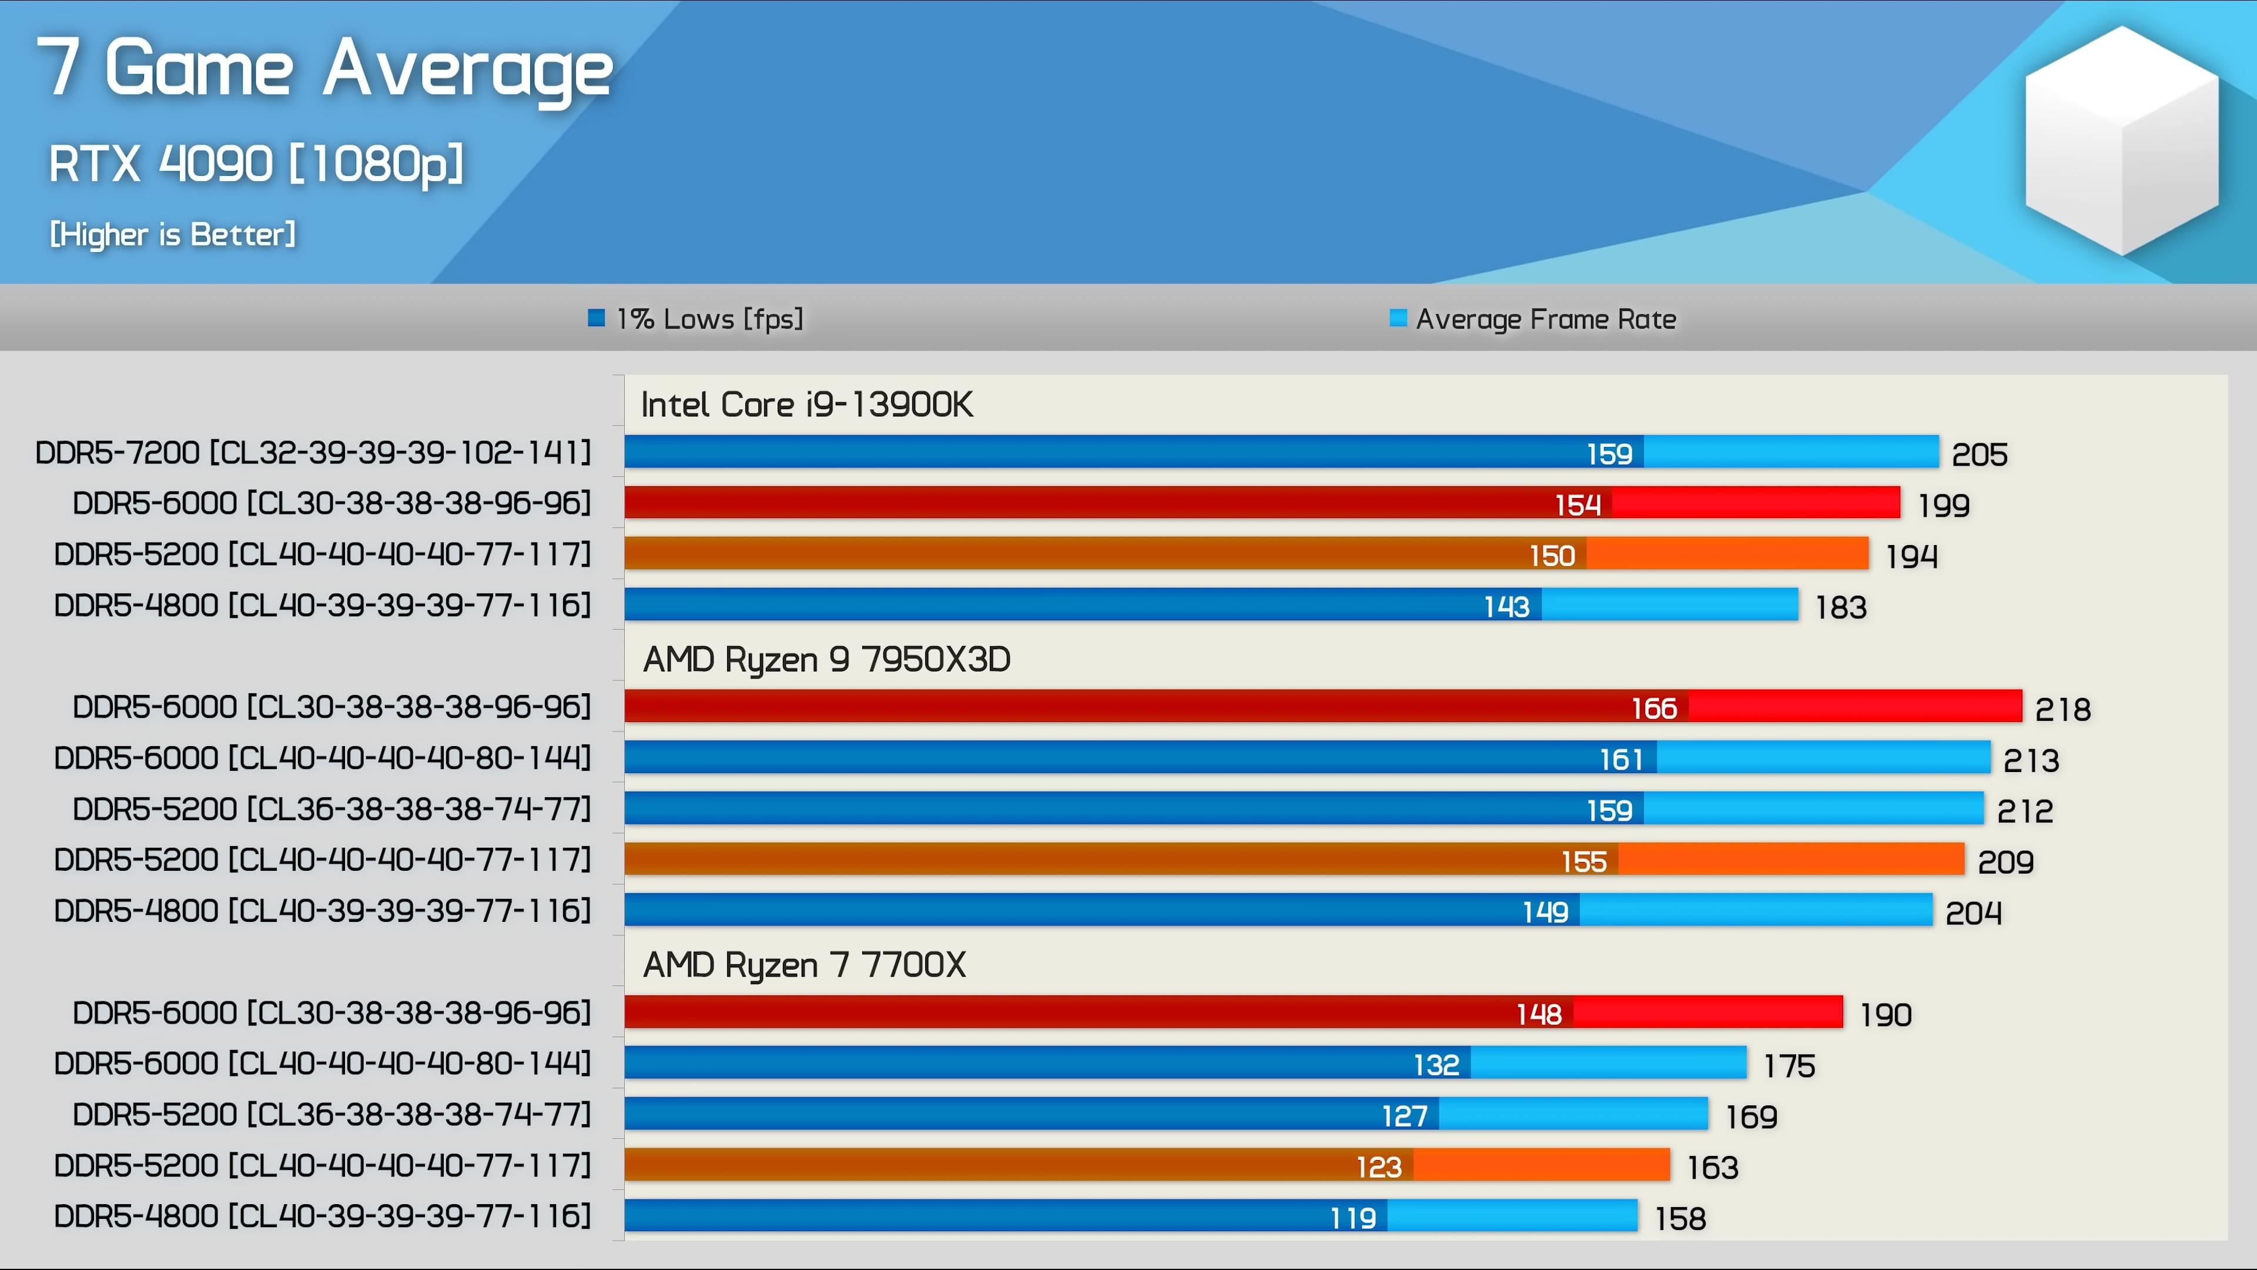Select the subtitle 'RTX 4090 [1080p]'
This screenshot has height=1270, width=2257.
256,164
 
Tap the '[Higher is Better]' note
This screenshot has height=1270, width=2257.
173,234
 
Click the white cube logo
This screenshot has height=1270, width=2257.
2121,141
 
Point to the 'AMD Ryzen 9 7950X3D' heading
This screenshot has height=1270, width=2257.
826,660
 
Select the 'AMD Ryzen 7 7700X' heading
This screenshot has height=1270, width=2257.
804,965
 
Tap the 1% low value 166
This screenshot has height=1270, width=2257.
1653,708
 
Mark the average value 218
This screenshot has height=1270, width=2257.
2062,709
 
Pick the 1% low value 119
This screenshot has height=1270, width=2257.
1353,1218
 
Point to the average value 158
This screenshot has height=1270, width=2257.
1680,1218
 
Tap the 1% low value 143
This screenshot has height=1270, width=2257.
1506,607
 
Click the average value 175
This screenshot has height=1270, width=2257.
1788,1066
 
